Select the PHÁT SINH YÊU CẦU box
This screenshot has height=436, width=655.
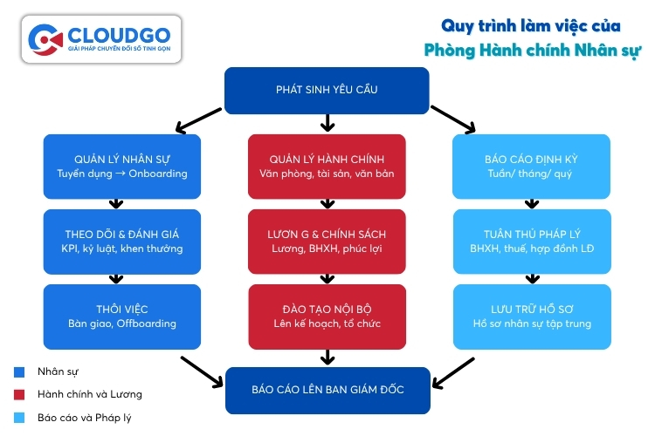click(327, 90)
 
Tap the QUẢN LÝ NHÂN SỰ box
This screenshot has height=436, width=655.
click(121, 166)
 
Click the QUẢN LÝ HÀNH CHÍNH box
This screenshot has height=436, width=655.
click(327, 166)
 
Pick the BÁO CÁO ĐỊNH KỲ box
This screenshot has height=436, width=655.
click(530, 166)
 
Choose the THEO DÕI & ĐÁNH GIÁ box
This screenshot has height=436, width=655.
click(121, 241)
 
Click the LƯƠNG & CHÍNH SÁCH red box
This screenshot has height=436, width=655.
click(327, 241)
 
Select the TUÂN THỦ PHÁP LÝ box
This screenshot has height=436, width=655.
click(530, 241)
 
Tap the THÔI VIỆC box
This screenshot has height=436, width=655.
click(121, 316)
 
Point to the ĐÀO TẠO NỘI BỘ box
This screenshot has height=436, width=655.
click(327, 316)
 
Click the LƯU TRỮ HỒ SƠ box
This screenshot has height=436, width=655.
click(530, 316)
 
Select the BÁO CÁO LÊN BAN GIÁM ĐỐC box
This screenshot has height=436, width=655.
click(327, 391)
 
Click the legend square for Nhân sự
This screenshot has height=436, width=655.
click(19, 372)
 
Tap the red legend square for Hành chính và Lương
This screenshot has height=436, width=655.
click(19, 395)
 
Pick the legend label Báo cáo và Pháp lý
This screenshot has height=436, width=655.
click(84, 418)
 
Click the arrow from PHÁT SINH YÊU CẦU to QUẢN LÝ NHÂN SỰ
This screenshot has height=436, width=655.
click(198, 119)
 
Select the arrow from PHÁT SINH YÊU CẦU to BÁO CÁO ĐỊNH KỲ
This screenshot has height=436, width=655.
click(453, 119)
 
